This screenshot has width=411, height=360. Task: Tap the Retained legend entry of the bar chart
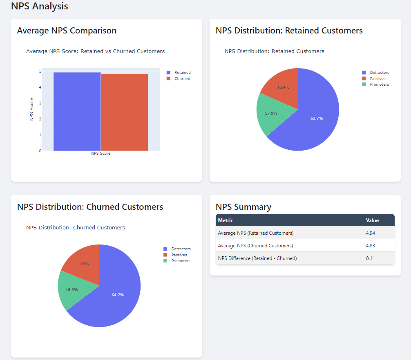(182, 73)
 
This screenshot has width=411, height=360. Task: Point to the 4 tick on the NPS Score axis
(40, 87)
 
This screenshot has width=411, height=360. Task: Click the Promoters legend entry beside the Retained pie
(379, 84)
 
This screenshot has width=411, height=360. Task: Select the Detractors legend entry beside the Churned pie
(181, 249)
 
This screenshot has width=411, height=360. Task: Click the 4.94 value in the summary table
(371, 233)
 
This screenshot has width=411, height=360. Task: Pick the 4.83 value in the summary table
(371, 246)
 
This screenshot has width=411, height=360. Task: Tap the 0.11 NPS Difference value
(371, 258)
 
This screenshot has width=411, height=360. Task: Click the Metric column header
(226, 220)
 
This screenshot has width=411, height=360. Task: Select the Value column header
(372, 220)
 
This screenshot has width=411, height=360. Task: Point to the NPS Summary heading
(243, 207)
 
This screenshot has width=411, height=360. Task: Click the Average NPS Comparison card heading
(67, 31)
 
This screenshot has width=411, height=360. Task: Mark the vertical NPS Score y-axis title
(31, 109)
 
